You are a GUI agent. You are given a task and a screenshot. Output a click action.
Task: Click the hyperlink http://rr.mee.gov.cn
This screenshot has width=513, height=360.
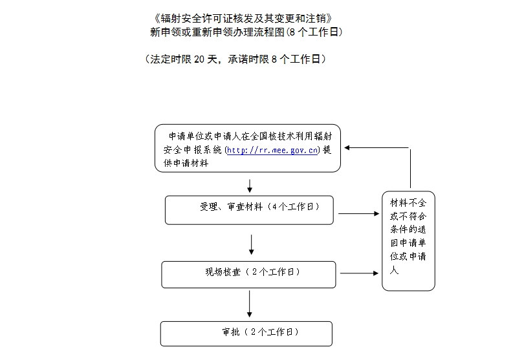[x=272, y=150]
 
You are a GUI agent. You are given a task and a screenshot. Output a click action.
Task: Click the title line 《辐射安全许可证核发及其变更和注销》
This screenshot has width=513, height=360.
[x=243, y=18]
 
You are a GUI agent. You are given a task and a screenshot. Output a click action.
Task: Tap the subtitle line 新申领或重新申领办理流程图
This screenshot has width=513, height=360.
[x=217, y=32]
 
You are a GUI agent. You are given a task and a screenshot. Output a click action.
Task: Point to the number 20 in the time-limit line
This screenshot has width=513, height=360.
[x=199, y=59]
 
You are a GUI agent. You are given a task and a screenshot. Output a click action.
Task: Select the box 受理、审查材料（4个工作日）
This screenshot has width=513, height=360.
[x=249, y=210]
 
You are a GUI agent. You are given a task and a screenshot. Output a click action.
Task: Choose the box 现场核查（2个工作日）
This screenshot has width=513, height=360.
[x=248, y=275]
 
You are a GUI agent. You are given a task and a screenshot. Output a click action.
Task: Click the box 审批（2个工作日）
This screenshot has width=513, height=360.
[x=246, y=334]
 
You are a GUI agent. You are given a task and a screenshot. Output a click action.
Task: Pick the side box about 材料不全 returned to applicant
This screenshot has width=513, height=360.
[x=408, y=241]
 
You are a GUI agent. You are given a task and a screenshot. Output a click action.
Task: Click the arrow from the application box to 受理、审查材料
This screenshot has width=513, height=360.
[x=250, y=185]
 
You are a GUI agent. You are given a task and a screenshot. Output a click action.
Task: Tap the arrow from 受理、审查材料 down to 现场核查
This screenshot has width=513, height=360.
[x=251, y=244]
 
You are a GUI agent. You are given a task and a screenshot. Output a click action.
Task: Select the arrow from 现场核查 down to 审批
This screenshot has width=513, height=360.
[x=249, y=304]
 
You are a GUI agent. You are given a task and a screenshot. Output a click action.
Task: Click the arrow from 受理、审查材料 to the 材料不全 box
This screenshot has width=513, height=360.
[x=358, y=213]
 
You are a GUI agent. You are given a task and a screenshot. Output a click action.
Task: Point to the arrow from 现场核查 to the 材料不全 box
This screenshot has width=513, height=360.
[x=359, y=273]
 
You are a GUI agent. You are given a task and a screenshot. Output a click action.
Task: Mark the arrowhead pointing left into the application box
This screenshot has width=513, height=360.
[x=347, y=148]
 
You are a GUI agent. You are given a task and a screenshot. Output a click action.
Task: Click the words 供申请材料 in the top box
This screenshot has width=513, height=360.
[x=186, y=163]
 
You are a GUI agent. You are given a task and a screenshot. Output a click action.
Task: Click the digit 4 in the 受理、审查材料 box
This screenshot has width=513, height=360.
[x=274, y=207]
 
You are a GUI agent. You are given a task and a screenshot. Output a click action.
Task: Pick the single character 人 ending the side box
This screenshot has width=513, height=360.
[x=394, y=270]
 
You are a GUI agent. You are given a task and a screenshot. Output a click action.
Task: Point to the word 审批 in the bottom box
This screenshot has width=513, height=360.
[x=231, y=332]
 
